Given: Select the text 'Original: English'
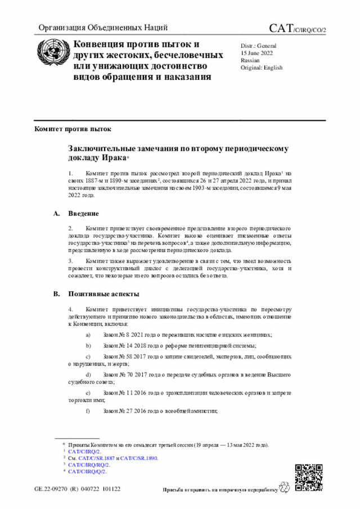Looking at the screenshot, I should pos(262,67).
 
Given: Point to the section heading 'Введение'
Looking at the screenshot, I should pos(84,214).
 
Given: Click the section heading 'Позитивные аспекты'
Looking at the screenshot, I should pos(104,294).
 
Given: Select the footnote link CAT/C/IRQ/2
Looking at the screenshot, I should pos(84,451).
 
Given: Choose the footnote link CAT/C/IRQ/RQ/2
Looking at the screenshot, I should pos(89,465).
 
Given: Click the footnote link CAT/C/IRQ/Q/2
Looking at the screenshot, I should pos(87,471).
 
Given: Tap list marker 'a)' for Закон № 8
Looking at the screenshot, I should pos(87,335).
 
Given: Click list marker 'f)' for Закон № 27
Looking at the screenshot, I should pos(87,411).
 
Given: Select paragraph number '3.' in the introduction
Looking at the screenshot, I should pos(71,261).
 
